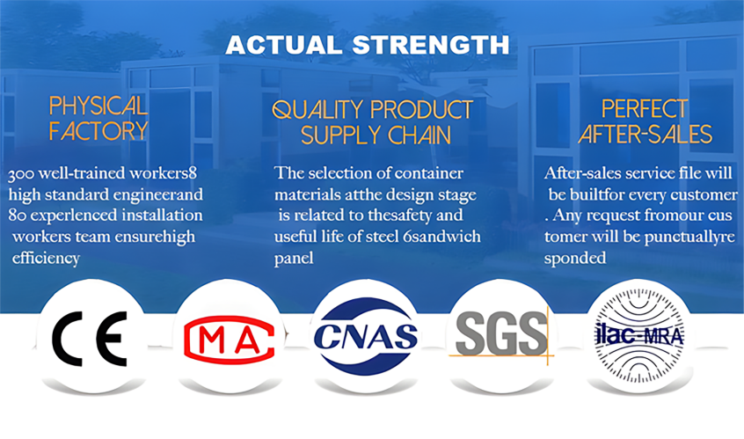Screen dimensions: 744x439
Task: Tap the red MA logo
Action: tap(230, 340)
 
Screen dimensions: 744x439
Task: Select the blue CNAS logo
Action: tap(365, 336)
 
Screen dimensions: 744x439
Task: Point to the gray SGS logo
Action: tap(501, 334)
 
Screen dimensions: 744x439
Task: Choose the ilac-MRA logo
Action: tap(638, 336)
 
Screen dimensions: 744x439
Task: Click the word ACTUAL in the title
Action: tap(284, 45)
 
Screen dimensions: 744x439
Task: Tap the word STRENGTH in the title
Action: tap(431, 45)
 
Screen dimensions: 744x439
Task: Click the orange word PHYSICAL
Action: tap(98, 106)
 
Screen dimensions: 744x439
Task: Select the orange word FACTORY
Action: tap(98, 130)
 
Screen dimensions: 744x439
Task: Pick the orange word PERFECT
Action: tap(645, 109)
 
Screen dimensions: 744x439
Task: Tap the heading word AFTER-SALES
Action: tap(646, 134)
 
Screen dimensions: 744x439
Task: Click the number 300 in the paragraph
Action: tap(21, 173)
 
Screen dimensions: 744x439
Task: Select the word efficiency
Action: tap(46, 258)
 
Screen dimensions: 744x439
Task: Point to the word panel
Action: tap(294, 258)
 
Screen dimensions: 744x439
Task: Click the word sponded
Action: tap(575, 258)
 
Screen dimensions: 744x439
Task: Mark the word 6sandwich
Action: tap(441, 237)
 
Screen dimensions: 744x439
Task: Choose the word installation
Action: tap(162, 216)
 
